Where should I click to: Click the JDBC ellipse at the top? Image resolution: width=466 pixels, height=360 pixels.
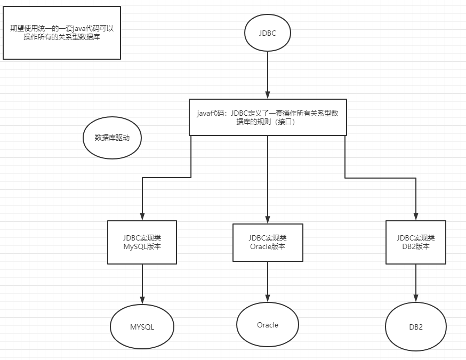point(268,32)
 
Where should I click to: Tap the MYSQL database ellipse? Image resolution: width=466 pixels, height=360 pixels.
point(142,327)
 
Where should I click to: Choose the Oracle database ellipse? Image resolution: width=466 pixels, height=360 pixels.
point(268,325)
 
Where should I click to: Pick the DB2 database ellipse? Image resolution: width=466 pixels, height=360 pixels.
point(416,327)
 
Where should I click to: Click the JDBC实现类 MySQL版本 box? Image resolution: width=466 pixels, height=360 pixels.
point(142,242)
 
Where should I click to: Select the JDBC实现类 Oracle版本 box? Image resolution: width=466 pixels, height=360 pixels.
point(268,242)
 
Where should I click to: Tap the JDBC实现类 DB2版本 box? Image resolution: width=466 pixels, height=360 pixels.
point(416,242)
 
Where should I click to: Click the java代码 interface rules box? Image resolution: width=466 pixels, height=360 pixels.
point(268,117)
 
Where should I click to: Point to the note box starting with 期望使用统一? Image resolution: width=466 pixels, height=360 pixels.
point(62,33)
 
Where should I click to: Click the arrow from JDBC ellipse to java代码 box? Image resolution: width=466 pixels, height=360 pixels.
point(268,75)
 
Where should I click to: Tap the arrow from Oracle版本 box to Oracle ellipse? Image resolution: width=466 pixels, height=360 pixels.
point(268,283)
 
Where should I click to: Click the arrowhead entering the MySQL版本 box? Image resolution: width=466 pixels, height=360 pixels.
point(142,215)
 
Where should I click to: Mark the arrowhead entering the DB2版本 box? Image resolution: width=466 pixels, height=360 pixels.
point(416,215)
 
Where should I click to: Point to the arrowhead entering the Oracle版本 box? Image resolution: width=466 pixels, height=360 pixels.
point(268,219)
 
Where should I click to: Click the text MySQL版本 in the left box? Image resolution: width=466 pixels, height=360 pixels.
point(142,246)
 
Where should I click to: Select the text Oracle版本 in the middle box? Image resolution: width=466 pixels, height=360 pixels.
point(268,246)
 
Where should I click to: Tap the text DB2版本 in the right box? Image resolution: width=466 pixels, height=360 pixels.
point(416,246)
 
